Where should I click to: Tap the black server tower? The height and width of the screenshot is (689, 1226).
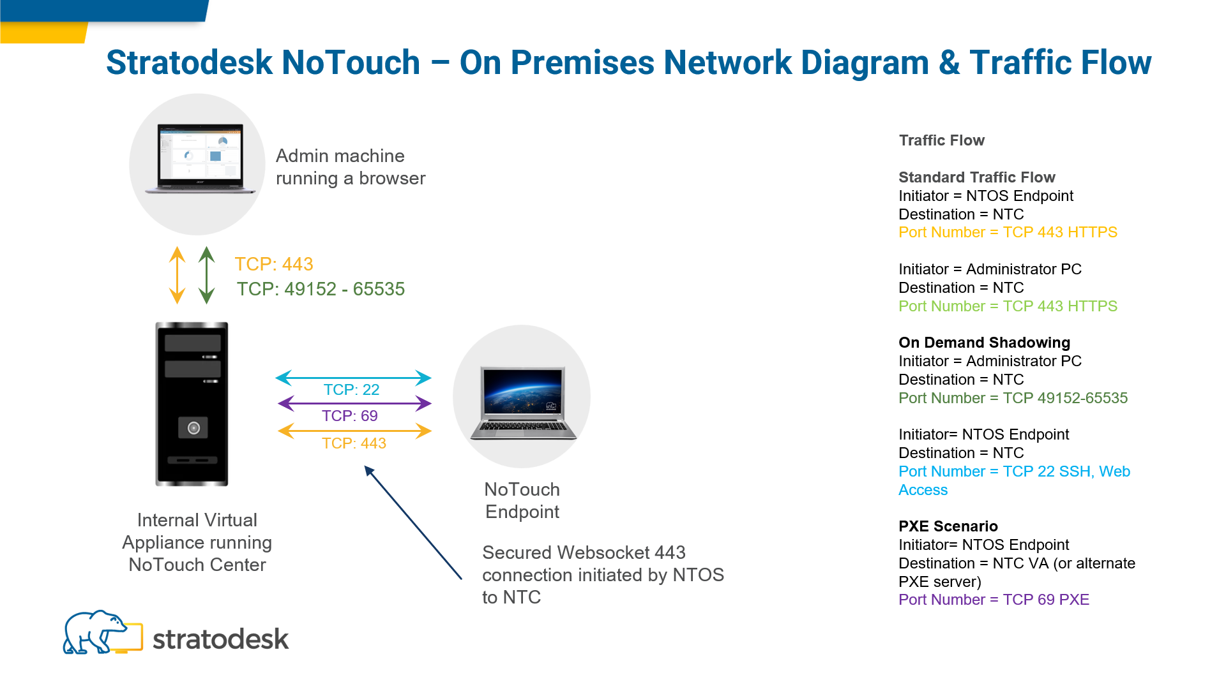(x=192, y=403)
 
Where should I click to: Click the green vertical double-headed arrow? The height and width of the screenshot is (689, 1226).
(x=206, y=275)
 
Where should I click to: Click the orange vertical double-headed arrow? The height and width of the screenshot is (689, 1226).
(x=177, y=275)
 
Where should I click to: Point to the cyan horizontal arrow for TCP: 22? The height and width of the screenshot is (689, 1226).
(x=353, y=378)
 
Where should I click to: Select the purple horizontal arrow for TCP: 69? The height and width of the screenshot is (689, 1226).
(x=354, y=403)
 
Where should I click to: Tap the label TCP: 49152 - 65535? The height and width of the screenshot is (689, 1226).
(x=321, y=289)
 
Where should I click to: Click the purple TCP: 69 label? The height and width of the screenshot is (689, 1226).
(x=349, y=416)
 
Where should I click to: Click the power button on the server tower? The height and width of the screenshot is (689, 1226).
(x=193, y=427)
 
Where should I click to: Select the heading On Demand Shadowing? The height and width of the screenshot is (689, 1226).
(x=984, y=343)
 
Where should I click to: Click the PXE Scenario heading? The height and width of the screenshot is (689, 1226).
(x=948, y=526)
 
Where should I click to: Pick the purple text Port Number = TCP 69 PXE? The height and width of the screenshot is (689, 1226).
(x=994, y=600)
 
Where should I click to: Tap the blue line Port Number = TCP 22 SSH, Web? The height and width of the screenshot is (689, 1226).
(x=1014, y=471)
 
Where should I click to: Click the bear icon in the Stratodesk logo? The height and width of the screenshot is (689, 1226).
(x=96, y=632)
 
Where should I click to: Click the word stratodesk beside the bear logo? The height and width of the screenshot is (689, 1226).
(x=220, y=639)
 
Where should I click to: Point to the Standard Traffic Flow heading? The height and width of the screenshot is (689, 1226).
(x=976, y=177)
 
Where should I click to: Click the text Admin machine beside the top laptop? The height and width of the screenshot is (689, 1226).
(x=340, y=156)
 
